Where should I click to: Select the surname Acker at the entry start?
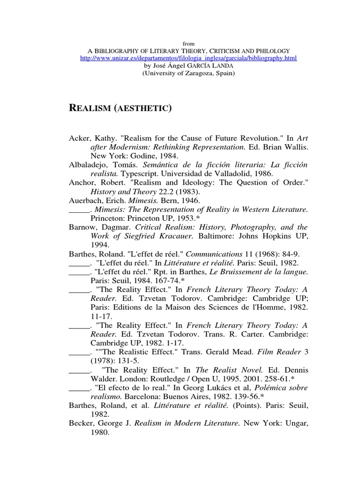coord(79,139)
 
